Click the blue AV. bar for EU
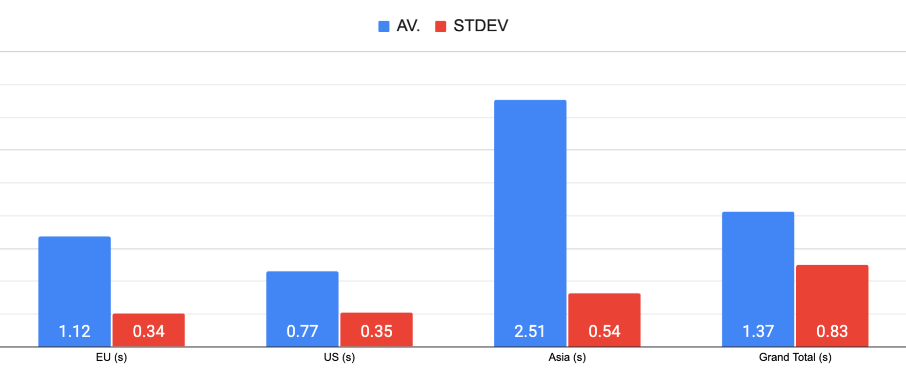75,278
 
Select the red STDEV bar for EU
149,320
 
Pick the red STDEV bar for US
377,319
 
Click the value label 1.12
75,332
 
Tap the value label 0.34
149,332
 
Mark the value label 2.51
530,332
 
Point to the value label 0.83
832,332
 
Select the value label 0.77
302,332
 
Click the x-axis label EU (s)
111,358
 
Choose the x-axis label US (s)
339,358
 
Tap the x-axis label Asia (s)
567,358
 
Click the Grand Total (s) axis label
795,358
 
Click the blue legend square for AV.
384,26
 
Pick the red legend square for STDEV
441,26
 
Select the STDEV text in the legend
481,26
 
